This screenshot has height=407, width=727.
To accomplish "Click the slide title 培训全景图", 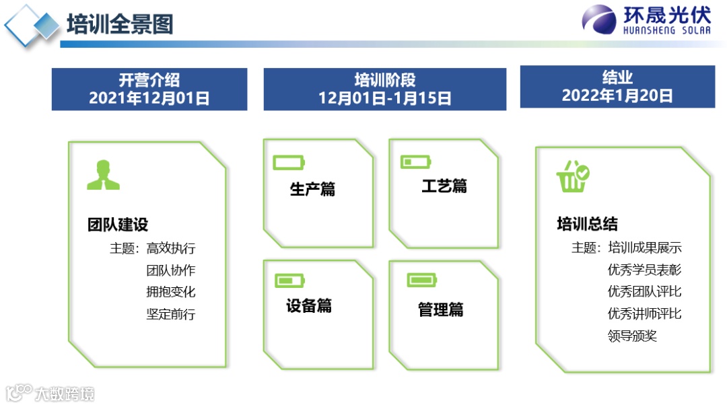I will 120,25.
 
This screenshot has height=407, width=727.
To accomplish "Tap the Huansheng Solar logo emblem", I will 599,20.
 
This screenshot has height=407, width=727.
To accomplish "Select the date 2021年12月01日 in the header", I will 149,98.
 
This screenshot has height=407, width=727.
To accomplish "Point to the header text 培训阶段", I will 385,80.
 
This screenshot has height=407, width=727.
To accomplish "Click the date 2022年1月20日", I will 617,96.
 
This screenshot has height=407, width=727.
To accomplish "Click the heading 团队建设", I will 118,224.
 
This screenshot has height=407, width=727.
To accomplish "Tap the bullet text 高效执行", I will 171,248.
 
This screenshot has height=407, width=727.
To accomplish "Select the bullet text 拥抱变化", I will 171,292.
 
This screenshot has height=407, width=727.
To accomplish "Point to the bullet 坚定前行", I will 171,313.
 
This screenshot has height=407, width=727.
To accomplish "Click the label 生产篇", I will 312,190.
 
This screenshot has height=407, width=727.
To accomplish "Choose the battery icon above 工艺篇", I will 415,161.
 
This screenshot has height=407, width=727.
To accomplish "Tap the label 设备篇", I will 309,306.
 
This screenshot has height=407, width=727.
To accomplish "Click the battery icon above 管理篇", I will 422,280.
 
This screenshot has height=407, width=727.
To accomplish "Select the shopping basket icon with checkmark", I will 573,176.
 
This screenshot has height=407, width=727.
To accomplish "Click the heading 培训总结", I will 587,224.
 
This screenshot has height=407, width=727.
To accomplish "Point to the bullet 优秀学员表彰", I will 644,270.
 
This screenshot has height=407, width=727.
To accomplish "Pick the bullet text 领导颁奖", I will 632,335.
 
